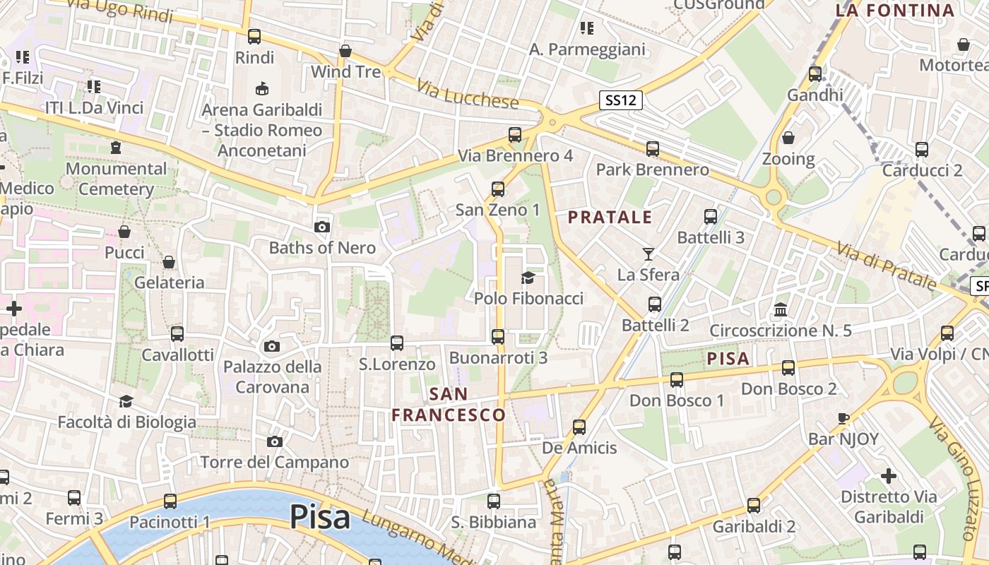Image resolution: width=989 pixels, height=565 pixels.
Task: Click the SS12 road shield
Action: pyautogui.click(x=621, y=100)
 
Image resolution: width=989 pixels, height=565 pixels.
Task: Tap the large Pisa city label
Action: pyautogui.click(x=320, y=517)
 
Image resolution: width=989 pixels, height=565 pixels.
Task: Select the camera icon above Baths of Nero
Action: pyautogui.click(x=322, y=227)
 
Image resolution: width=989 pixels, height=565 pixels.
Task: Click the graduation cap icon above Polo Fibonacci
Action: pyautogui.click(x=528, y=278)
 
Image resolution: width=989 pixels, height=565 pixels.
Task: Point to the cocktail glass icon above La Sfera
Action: pyautogui.click(x=649, y=254)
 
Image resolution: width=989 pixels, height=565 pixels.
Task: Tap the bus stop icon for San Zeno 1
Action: pyautogui.click(x=498, y=189)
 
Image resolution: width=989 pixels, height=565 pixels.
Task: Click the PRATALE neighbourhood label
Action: pyautogui.click(x=610, y=218)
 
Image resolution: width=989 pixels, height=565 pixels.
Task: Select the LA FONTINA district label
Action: pyautogui.click(x=895, y=10)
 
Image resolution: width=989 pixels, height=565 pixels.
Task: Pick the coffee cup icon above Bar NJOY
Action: pyautogui.click(x=843, y=418)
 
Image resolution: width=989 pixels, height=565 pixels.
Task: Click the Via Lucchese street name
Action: pyautogui.click(x=468, y=93)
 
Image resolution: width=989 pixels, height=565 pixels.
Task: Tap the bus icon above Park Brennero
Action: pyautogui.click(x=653, y=148)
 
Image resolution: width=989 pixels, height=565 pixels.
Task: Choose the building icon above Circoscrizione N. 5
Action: pyautogui.click(x=781, y=309)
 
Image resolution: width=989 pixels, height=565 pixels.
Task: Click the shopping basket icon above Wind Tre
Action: pyautogui.click(x=345, y=51)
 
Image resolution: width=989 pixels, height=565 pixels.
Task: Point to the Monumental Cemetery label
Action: pyautogui.click(x=117, y=179)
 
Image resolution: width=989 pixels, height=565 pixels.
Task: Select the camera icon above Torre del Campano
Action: pyautogui.click(x=275, y=441)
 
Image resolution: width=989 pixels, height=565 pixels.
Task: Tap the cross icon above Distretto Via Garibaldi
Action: pyautogui.click(x=889, y=475)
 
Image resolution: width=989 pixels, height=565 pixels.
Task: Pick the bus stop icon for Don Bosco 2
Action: pyautogui.click(x=788, y=367)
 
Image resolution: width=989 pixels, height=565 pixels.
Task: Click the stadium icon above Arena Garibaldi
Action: pyautogui.click(x=262, y=88)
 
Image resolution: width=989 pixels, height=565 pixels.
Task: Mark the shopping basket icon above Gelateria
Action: pyautogui.click(x=169, y=262)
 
